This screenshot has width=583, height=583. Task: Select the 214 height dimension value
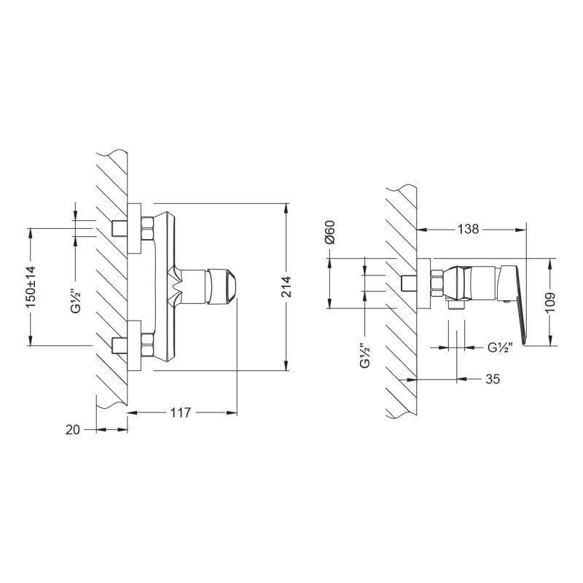[x=286, y=286]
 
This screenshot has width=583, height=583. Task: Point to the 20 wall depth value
[x=72, y=430]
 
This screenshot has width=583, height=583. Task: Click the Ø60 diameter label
[x=329, y=231]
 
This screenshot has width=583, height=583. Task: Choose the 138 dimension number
[x=467, y=229]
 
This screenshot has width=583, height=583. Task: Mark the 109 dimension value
[x=550, y=302]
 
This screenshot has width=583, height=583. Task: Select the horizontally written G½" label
[x=501, y=348]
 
